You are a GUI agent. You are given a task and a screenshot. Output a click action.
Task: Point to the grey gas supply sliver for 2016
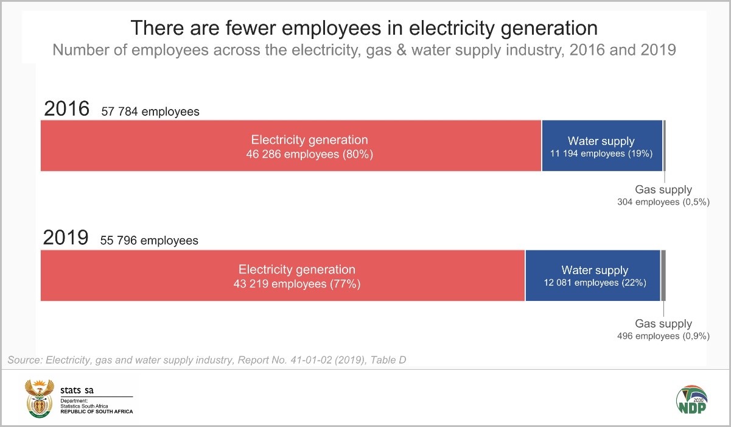(664, 146)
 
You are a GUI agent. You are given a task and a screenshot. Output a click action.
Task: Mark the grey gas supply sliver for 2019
(663, 275)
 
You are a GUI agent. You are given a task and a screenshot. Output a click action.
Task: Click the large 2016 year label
(66, 110)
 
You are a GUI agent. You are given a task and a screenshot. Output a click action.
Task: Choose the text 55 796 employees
(149, 241)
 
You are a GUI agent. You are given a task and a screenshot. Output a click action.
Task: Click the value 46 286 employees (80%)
(309, 155)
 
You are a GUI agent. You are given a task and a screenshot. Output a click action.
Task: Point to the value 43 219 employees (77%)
(297, 284)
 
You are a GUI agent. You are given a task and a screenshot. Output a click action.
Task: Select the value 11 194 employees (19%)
(601, 154)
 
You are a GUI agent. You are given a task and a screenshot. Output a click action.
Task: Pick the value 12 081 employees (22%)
(595, 283)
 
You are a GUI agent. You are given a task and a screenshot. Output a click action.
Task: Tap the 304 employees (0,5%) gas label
(663, 202)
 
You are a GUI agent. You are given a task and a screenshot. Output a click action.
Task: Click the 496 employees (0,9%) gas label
(663, 336)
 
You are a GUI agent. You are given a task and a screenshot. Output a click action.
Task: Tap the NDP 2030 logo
(691, 400)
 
